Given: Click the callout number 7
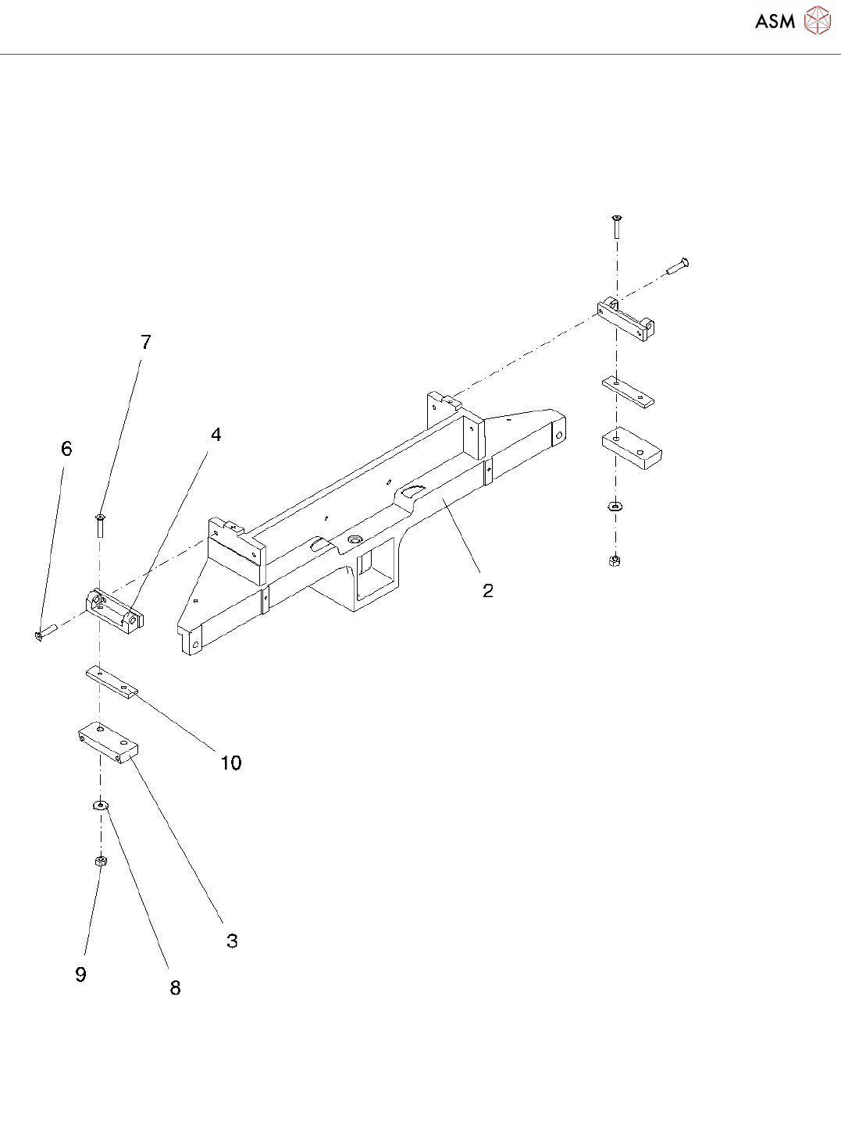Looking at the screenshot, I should (146, 342).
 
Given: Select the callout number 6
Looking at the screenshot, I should (66, 449).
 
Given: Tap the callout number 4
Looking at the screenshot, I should (216, 435).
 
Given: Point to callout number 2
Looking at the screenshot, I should (488, 591).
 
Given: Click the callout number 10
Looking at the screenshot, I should (231, 763).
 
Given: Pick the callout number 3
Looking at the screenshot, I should (232, 941).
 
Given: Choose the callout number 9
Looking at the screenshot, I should (80, 974).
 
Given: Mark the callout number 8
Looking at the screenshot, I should (175, 988).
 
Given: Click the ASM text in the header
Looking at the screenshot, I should (775, 21).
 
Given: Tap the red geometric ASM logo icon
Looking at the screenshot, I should (818, 21).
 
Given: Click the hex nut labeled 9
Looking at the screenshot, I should (100, 861).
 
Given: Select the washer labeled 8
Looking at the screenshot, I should (101, 806).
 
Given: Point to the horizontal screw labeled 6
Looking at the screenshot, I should (46, 632).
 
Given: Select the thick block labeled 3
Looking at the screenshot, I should (109, 742).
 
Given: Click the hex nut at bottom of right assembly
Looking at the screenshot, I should (615, 560).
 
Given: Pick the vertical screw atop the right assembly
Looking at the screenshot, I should (617, 226).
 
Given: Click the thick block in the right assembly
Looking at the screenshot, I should (632, 448).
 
